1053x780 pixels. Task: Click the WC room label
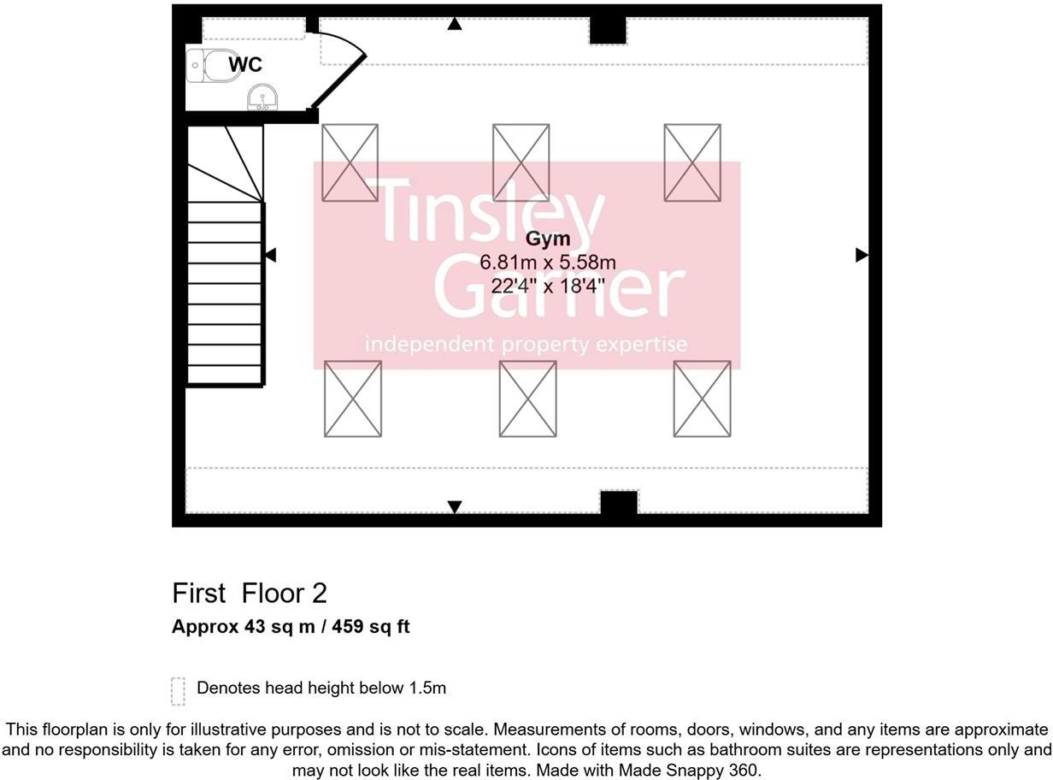click(245, 64)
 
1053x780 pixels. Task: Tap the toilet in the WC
click(213, 66)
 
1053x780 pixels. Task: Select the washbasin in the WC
click(262, 97)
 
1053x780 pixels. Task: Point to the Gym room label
click(547, 239)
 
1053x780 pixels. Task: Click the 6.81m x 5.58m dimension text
click(547, 263)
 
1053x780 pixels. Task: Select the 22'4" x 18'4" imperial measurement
click(547, 286)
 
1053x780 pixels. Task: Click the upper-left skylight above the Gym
click(350, 162)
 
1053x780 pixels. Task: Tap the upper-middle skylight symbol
click(521, 162)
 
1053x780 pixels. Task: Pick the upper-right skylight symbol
click(692, 162)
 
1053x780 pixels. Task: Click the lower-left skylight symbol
click(353, 399)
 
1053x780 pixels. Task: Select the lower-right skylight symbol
click(703, 399)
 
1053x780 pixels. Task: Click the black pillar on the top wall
click(608, 31)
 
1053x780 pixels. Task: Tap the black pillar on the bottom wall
click(619, 503)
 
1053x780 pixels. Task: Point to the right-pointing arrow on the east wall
click(862, 255)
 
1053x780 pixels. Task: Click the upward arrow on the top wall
click(455, 24)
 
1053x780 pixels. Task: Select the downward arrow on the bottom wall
click(455, 507)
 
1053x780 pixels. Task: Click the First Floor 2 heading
click(250, 594)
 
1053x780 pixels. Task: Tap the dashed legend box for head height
click(178, 691)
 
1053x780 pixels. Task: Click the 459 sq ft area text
click(370, 627)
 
